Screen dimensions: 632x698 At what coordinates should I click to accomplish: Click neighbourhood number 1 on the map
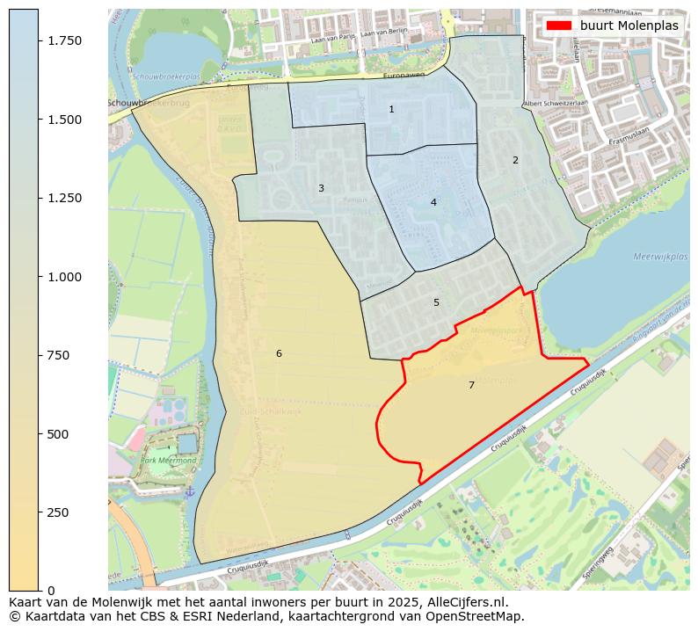coord(391,110)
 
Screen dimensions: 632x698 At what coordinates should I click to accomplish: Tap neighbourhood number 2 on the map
coord(515,160)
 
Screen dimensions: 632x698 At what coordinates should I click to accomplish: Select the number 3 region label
coord(321,189)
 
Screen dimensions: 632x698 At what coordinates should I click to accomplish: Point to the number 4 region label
coord(433,203)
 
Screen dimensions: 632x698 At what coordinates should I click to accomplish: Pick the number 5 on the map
coord(436,303)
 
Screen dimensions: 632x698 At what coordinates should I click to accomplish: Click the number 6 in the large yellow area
coord(279,354)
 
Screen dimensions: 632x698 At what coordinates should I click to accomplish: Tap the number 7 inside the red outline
coord(471,386)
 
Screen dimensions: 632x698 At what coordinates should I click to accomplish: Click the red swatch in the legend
coord(559,25)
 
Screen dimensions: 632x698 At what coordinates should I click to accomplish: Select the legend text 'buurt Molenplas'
coord(629,25)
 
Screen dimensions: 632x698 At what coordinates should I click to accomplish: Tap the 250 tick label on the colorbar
coord(57,512)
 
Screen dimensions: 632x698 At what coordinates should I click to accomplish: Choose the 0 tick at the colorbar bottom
coord(50,591)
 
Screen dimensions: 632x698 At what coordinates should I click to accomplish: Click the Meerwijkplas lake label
coord(660,257)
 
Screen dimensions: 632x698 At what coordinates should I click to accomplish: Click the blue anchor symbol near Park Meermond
coord(189,490)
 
